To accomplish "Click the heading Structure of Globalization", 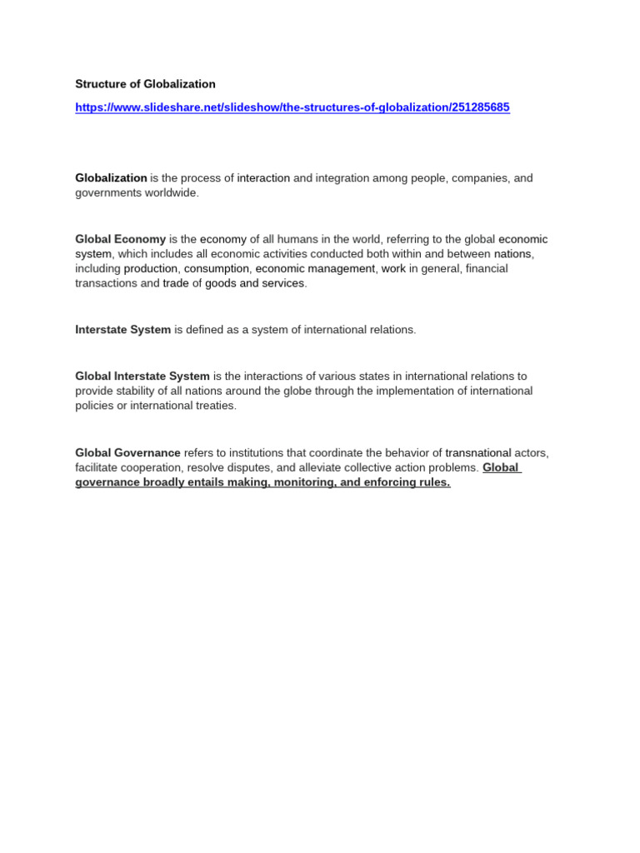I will (x=145, y=84).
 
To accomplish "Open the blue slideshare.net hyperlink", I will (x=292, y=107).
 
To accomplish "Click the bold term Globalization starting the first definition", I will (x=111, y=178).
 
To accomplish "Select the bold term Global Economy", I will (x=120, y=239).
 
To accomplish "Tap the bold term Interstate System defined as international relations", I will (x=122, y=330).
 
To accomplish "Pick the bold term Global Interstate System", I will (x=142, y=377).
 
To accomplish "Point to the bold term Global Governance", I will (x=127, y=453).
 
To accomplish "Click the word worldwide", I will (x=173, y=193).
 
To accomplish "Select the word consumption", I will (x=216, y=269).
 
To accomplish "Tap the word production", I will (x=150, y=269).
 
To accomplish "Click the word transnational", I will (x=477, y=453).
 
